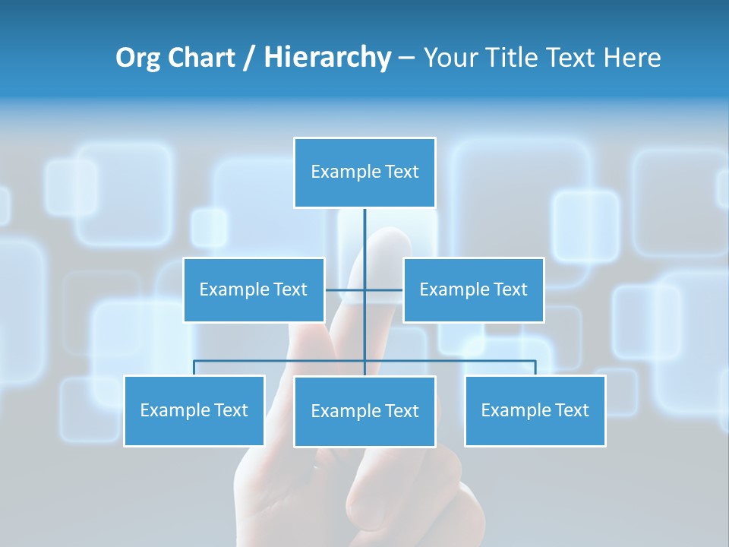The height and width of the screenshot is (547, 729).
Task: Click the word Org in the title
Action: (137, 58)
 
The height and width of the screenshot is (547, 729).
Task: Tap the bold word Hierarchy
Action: (327, 58)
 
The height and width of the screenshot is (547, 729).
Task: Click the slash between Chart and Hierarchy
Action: (249, 58)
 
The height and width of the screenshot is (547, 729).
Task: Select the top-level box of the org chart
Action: (364, 172)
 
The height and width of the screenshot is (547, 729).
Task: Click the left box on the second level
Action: (254, 290)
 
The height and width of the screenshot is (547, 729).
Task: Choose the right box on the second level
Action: (473, 290)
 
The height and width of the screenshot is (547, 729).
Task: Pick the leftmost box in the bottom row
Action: (194, 411)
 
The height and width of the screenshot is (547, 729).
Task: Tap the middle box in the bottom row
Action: (364, 412)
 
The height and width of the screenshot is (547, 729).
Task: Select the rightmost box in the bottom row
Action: (535, 411)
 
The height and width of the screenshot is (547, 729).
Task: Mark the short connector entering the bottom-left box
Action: (194, 368)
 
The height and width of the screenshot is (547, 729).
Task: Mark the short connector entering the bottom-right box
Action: (535, 368)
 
